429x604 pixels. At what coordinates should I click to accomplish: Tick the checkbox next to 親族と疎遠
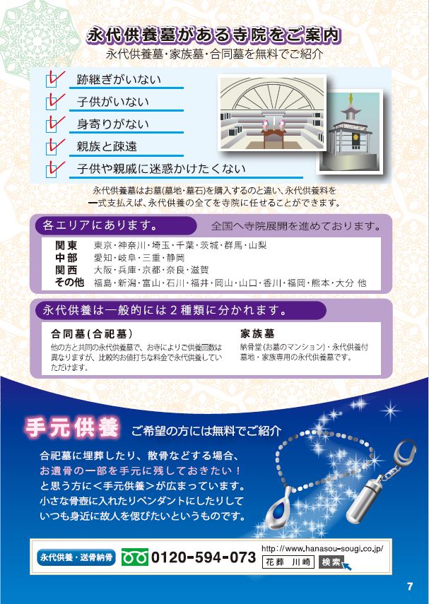(x=52, y=148)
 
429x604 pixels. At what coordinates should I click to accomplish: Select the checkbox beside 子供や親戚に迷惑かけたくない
(x=52, y=171)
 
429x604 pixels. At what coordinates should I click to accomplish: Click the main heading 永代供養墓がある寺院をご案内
(x=214, y=35)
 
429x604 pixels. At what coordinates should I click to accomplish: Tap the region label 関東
(x=66, y=245)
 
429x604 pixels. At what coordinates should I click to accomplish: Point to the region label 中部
(x=66, y=258)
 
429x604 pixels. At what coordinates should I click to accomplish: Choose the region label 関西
(x=66, y=270)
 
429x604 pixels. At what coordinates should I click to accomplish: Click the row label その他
(x=69, y=283)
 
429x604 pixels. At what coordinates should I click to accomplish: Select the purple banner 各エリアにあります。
(x=116, y=226)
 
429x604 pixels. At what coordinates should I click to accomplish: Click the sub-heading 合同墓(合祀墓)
(x=92, y=333)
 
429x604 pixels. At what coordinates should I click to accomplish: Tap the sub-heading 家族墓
(x=257, y=333)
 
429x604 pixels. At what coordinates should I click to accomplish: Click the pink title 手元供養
(x=72, y=427)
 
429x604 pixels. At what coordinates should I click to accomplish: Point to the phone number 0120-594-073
(x=204, y=557)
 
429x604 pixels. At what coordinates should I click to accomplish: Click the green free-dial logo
(x=135, y=557)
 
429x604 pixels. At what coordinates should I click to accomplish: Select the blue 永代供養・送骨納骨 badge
(x=76, y=557)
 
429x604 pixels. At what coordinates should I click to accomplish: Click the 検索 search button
(x=331, y=562)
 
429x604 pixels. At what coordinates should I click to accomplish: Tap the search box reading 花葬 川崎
(x=288, y=562)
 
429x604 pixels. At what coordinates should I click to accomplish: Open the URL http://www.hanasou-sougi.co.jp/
(x=322, y=549)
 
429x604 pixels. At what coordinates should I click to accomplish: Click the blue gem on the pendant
(x=281, y=506)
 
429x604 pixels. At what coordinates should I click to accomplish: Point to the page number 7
(x=410, y=586)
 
